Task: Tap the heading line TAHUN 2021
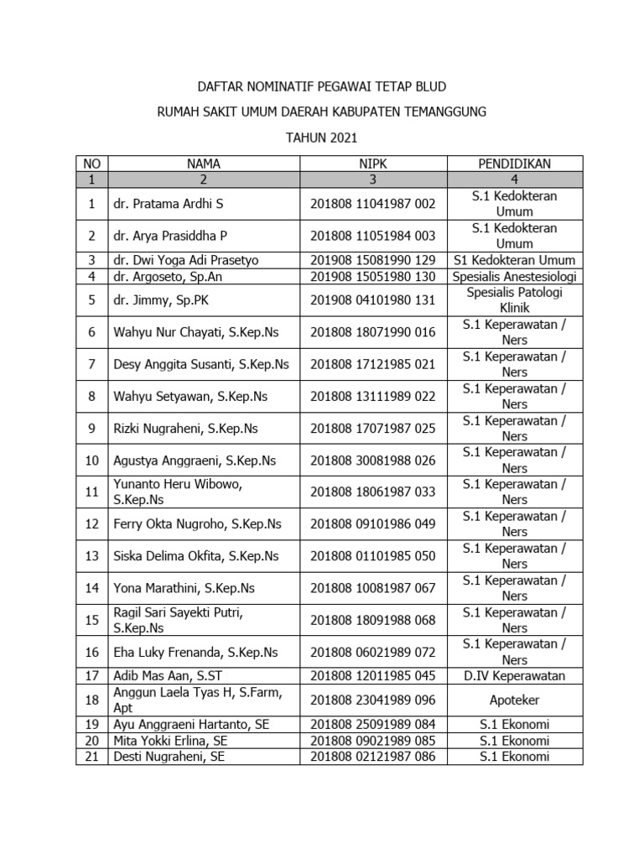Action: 321,138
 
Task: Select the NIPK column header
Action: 373,164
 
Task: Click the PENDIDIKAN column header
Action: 514,164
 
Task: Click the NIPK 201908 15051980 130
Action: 373,276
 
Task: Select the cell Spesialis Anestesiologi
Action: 514,276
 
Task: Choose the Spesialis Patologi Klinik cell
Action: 514,300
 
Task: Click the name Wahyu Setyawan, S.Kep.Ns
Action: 190,396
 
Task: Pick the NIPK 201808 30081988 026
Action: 373,461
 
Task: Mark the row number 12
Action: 92,524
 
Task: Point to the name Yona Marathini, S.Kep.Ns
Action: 184,588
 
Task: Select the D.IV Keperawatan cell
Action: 514,676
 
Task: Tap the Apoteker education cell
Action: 514,700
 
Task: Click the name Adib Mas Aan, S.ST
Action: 166,676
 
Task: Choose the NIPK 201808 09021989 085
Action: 373,741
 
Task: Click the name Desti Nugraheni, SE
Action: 169,757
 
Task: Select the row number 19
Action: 92,725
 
